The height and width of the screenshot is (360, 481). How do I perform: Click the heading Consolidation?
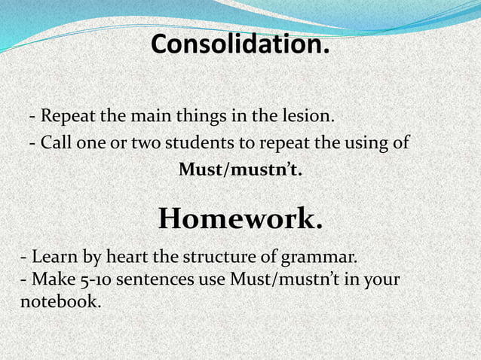coord(240,44)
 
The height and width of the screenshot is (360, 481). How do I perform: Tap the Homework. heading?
coord(240,219)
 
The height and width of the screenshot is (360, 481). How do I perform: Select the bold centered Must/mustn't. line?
coord(240,169)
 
